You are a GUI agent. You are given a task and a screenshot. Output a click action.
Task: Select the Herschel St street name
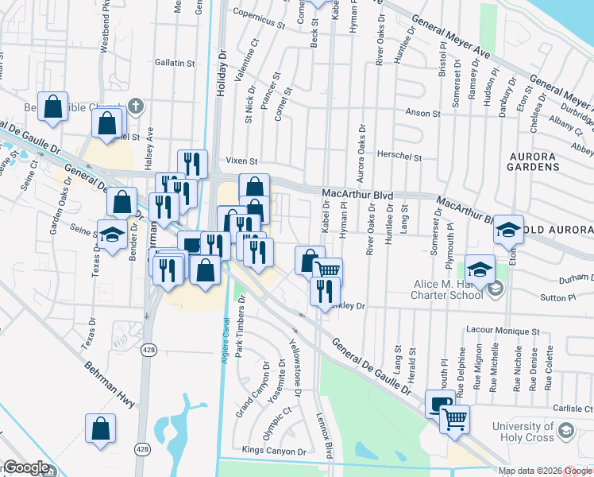point(399,157)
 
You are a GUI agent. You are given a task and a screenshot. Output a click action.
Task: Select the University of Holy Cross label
point(522,432)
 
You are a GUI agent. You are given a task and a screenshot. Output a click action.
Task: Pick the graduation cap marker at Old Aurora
point(508,230)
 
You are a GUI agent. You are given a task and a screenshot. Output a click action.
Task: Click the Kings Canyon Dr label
point(274,451)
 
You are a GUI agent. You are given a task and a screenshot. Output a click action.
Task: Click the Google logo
point(26,467)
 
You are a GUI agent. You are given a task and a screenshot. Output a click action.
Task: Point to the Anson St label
point(422,114)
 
